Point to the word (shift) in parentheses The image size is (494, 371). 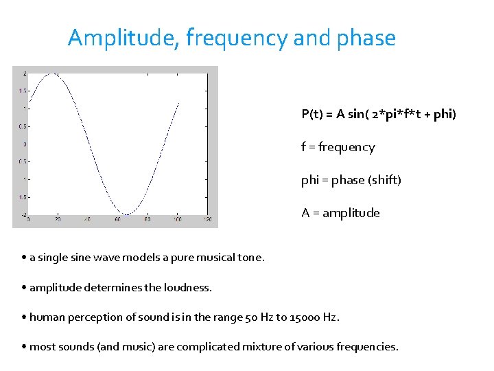point(385,180)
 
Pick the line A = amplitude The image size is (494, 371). point(340,213)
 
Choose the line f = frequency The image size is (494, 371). point(338,147)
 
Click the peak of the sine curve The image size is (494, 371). point(52,73)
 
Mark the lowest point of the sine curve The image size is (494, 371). point(125,214)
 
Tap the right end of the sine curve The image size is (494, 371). point(179,103)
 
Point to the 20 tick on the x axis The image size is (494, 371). point(58,220)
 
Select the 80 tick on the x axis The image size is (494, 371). point(147,220)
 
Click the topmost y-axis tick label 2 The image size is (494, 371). point(25,73)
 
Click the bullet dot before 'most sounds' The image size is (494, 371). point(23,347)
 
